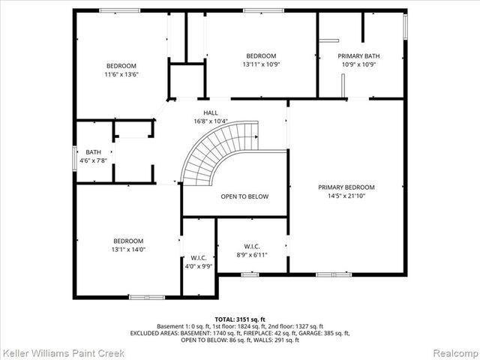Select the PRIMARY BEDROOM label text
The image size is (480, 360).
pos(346,187)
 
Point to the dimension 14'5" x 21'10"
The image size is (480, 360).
pos(346,196)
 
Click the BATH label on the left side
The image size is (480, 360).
pos(93,152)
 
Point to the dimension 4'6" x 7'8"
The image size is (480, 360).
pos(93,160)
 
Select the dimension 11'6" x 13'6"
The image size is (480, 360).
pos(121,74)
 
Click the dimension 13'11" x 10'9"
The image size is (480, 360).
pos(261,64)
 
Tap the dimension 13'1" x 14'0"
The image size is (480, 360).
pos(129,249)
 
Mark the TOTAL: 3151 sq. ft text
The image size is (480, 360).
pos(240,319)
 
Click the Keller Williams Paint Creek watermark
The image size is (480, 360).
pos(63,352)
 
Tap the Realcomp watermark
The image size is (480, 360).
pos(452,352)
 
